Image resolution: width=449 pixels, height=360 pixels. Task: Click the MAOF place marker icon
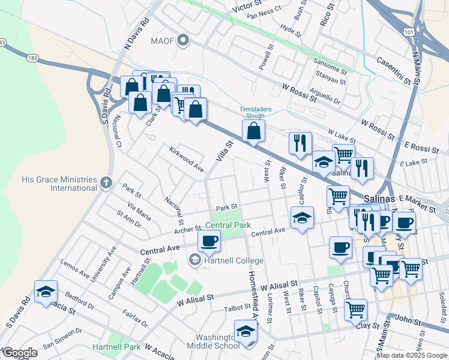[184, 41]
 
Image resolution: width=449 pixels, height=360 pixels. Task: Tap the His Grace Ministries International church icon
[106, 182]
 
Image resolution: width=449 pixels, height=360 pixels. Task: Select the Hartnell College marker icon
[195, 260]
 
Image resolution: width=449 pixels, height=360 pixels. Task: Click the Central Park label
[228, 226]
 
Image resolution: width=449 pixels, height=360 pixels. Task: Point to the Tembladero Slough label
[260, 112]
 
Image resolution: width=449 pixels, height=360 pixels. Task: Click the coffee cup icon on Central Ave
[209, 241]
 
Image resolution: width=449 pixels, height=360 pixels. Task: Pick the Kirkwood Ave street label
[186, 157]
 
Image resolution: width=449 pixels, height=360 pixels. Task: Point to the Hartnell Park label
[116, 347]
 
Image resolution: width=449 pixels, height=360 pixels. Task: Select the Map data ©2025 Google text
[412, 355]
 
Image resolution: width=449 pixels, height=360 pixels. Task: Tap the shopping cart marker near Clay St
[355, 310]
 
